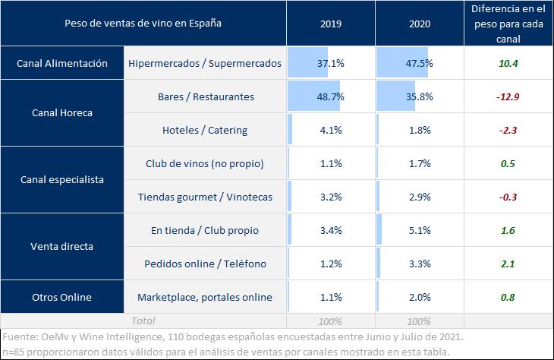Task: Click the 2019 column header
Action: coord(332,24)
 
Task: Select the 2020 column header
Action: coord(419,24)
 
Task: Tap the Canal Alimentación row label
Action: coord(61,64)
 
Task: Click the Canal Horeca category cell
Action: coord(61,113)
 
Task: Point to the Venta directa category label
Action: coord(61,246)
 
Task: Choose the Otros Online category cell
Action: coord(61,296)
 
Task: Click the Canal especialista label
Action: coord(61,180)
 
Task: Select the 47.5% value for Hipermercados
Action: coord(419,64)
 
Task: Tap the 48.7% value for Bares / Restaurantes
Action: coord(332,97)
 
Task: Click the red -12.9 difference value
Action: coord(508,97)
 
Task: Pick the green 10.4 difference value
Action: coord(508,64)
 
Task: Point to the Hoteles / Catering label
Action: coord(205,130)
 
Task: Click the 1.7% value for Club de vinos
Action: coord(419,163)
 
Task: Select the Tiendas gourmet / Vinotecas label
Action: coord(205,197)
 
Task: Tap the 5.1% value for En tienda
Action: coord(419,230)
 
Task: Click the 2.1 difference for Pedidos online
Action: coord(508,264)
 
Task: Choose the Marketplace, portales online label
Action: coord(205,296)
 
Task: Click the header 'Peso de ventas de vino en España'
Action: coord(143,24)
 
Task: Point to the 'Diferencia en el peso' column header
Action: coord(508,24)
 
